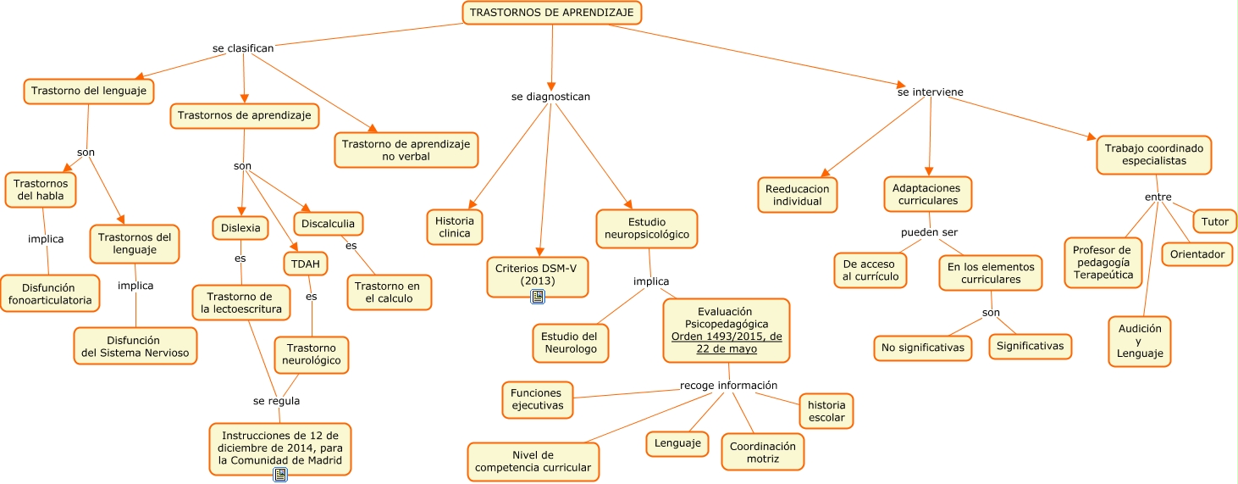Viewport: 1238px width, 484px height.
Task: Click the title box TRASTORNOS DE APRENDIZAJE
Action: [551, 13]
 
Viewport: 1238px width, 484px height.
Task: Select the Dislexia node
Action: [240, 228]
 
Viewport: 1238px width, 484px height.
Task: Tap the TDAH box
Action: [305, 264]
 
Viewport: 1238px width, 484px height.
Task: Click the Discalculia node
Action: [329, 224]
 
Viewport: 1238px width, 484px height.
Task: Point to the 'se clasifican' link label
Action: [243, 48]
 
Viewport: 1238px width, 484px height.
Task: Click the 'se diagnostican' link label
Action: [550, 97]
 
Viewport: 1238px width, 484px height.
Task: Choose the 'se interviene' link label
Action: [930, 92]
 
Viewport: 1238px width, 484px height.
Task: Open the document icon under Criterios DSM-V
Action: [537, 296]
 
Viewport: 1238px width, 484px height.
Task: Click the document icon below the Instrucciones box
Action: [280, 475]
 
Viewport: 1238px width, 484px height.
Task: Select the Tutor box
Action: [1214, 221]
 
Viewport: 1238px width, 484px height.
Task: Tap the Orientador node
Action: [1197, 254]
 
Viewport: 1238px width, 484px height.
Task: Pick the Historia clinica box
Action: [455, 226]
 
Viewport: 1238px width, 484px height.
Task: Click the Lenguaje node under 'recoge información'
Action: [677, 442]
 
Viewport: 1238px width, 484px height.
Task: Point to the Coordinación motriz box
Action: [762, 452]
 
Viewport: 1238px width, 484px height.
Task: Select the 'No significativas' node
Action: [922, 348]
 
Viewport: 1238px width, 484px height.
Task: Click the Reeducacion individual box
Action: [797, 194]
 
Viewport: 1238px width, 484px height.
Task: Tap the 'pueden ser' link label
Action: [929, 231]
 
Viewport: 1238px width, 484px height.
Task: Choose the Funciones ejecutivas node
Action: [537, 399]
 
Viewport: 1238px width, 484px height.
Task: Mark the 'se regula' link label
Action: [276, 401]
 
